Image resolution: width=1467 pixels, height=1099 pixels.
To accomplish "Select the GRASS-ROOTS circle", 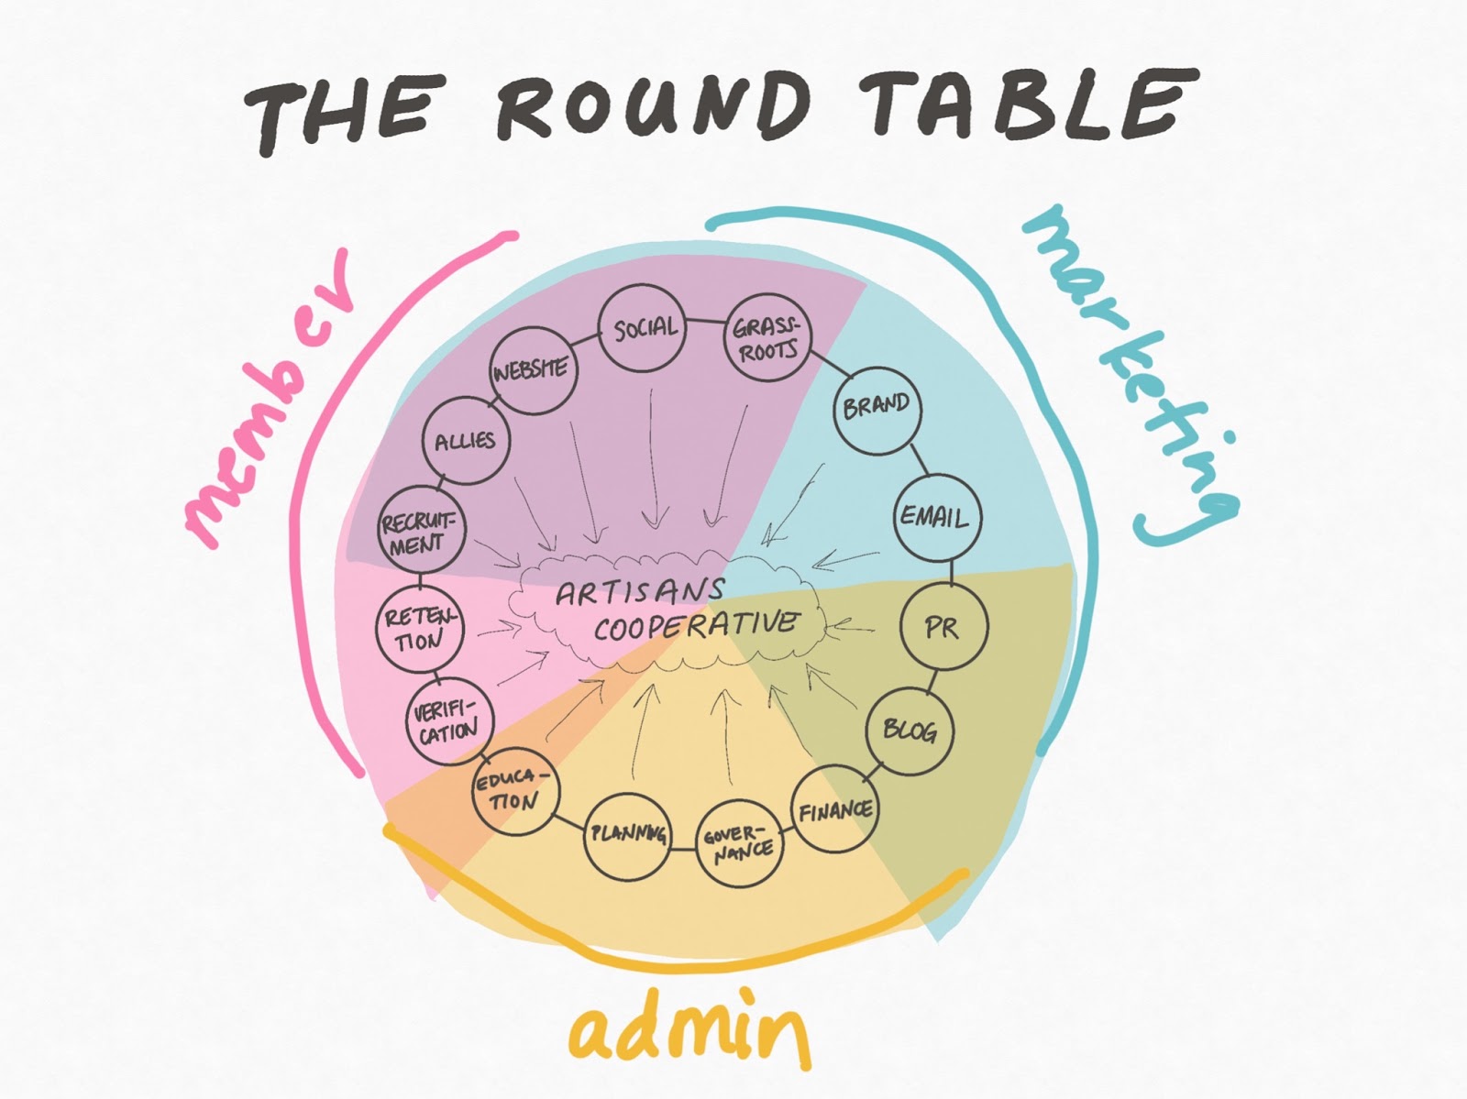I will (x=768, y=336).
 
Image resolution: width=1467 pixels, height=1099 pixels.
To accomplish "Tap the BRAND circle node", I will (x=877, y=407).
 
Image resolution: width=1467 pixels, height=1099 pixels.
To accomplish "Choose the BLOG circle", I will (x=910, y=731).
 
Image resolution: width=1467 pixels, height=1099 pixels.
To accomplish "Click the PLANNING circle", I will (x=628, y=834).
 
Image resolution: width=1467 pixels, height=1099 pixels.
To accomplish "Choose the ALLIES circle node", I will (x=466, y=442).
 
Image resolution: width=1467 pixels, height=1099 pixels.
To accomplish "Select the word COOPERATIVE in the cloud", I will (x=695, y=626).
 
